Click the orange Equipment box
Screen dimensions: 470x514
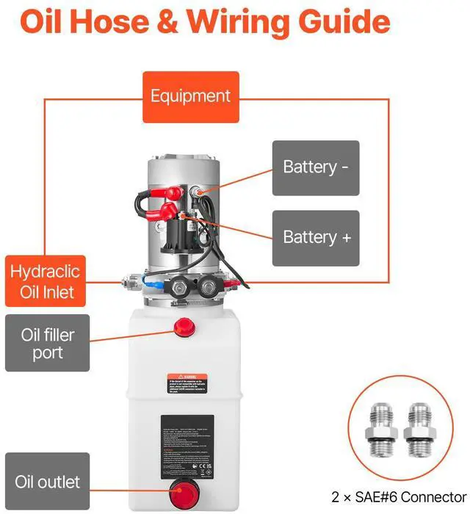click(190, 96)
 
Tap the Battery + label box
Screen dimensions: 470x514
click(316, 238)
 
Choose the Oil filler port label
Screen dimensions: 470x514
click(47, 344)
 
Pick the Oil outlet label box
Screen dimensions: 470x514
click(47, 482)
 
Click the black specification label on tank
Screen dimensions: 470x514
click(187, 446)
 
